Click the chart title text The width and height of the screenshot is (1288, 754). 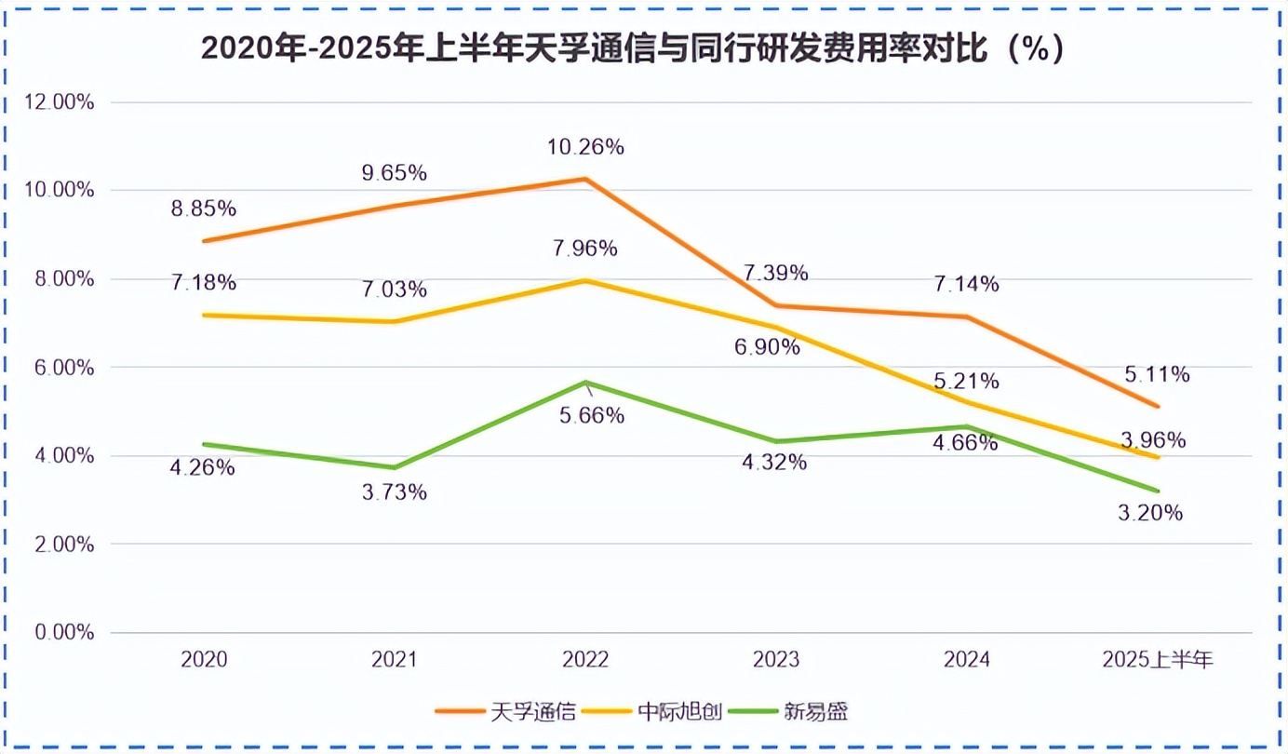click(632, 49)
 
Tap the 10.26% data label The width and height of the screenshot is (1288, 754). click(585, 147)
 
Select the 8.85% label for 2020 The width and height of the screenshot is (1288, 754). click(204, 209)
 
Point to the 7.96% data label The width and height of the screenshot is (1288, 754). click(585, 249)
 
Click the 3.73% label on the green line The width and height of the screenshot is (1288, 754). click(395, 492)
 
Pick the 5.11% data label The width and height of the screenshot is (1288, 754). click(1158, 375)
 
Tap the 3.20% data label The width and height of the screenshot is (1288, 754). click(1150, 513)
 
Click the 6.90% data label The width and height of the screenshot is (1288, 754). click(768, 347)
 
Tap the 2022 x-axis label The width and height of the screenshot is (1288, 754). click(585, 661)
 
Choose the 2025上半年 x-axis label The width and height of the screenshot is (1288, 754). click(1158, 661)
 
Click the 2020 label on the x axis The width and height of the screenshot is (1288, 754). click(204, 661)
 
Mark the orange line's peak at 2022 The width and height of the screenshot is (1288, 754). click(585, 179)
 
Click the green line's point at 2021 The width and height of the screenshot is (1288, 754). click(395, 467)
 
